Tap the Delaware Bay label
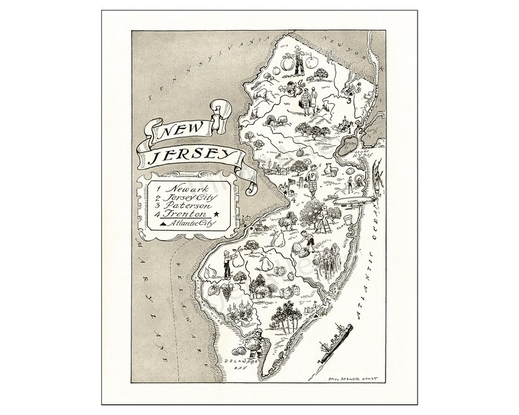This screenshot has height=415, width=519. coord(235,363)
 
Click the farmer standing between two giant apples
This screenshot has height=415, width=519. coord(299,61)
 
